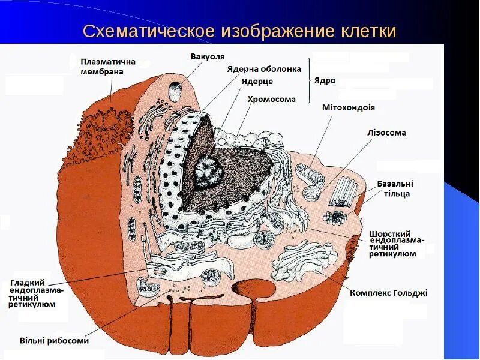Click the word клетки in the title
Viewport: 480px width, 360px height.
[x=367, y=31]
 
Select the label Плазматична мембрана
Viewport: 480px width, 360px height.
[x=108, y=67]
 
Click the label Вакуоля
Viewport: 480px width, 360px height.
[x=208, y=56]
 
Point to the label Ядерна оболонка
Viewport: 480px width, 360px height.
[x=264, y=69]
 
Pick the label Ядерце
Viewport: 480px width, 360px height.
[x=257, y=82]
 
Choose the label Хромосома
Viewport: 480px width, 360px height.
[x=272, y=99]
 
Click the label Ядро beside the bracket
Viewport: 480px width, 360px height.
[x=325, y=80]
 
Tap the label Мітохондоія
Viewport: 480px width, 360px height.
[x=349, y=108]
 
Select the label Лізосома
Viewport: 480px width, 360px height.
[x=386, y=133]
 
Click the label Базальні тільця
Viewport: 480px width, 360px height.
[x=395, y=189]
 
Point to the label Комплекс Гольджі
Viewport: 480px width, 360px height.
[x=389, y=293]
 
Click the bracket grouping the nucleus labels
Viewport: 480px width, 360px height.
[x=310, y=80]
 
